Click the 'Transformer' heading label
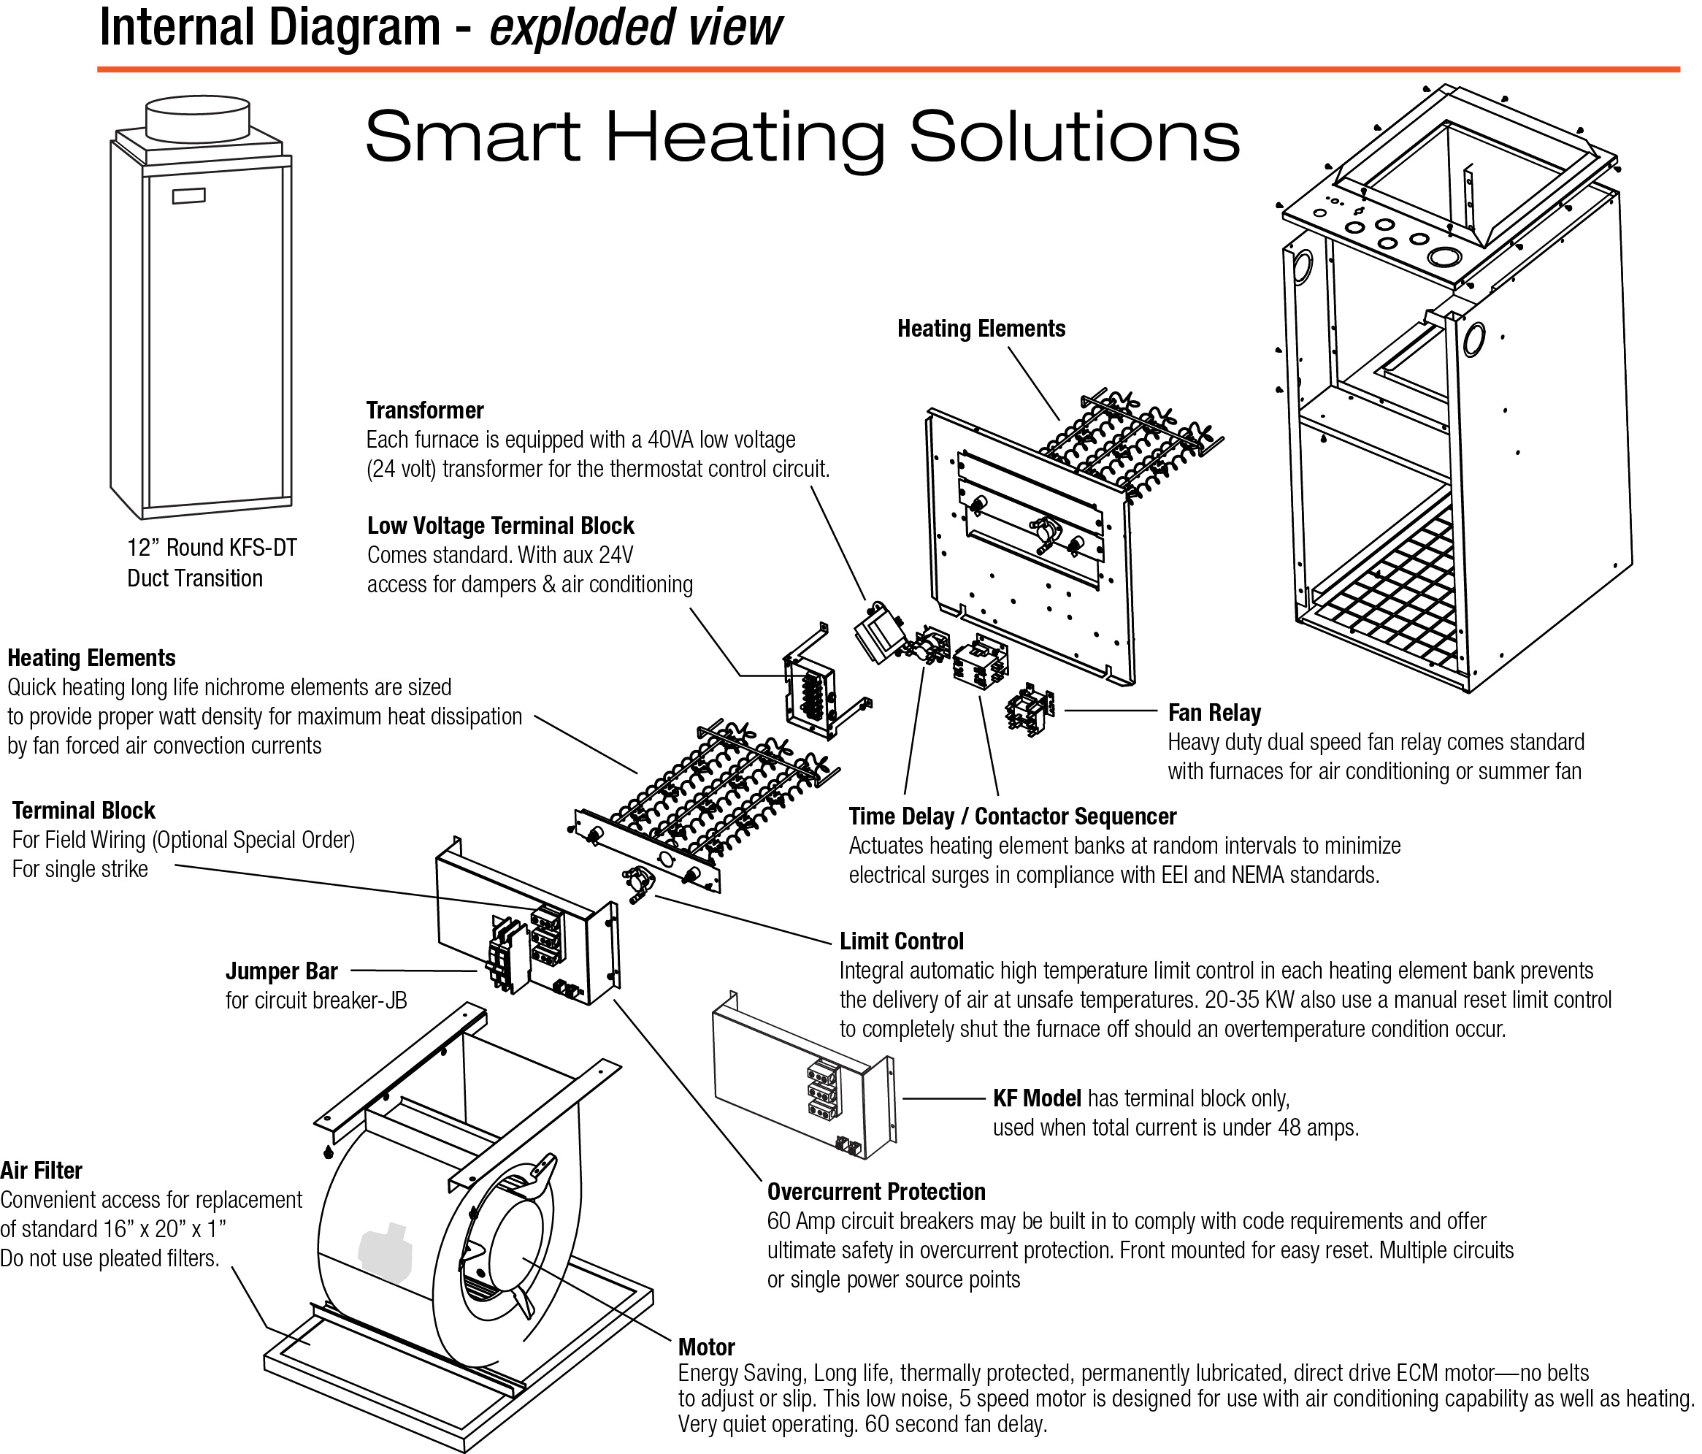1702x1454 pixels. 425,410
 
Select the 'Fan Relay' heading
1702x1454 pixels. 1214,712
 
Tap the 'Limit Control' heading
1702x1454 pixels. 901,941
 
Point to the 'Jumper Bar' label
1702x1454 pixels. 281,971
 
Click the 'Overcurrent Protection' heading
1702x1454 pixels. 875,1191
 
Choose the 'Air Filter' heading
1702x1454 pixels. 41,1170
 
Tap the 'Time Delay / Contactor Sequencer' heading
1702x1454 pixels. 1012,816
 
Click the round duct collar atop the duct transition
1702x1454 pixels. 197,119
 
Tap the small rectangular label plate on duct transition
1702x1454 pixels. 189,196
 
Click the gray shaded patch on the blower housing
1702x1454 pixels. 383,1251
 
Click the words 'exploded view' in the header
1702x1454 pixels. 635,26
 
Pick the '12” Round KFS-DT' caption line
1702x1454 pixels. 212,548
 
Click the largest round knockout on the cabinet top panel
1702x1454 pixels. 1443,256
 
